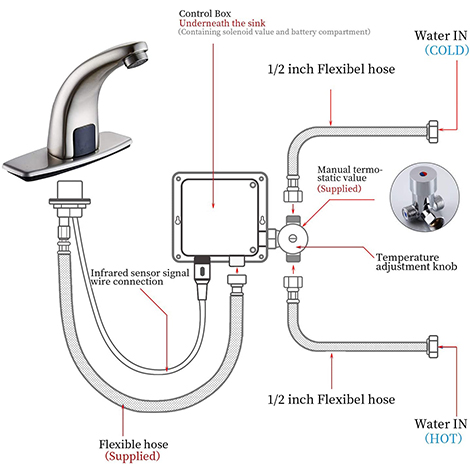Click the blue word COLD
coord(447,50)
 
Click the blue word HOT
coord(444,438)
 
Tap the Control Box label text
coord(205,14)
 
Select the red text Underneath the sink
coord(222,23)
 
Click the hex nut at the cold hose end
coord(432,132)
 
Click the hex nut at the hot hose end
coord(432,347)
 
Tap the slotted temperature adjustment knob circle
coord(293,239)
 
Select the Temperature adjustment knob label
coord(416,262)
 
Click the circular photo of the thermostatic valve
coord(425,197)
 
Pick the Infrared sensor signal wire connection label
coord(140,277)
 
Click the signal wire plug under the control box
coord(202,272)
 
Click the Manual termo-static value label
coord(350,174)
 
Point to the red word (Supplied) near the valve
coord(339,189)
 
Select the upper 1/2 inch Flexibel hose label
coord(331,69)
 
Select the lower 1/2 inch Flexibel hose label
coord(331,399)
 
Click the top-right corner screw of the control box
coord(253,184)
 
